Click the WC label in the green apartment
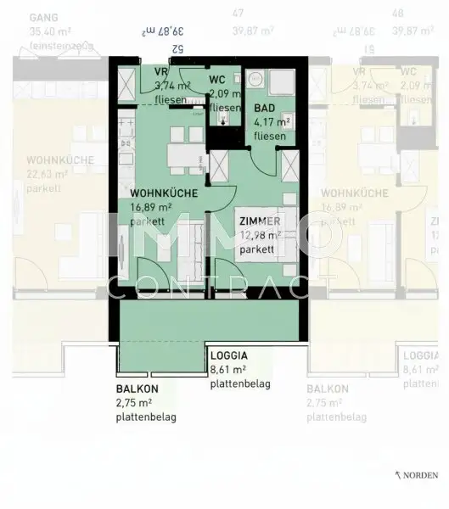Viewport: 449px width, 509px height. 216,80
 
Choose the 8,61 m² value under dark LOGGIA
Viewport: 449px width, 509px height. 228,370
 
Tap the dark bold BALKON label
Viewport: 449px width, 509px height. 137,390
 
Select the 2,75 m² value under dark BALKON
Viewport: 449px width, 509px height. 135,404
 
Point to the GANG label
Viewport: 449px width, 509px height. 42,17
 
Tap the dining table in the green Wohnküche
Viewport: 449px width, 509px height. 179,154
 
